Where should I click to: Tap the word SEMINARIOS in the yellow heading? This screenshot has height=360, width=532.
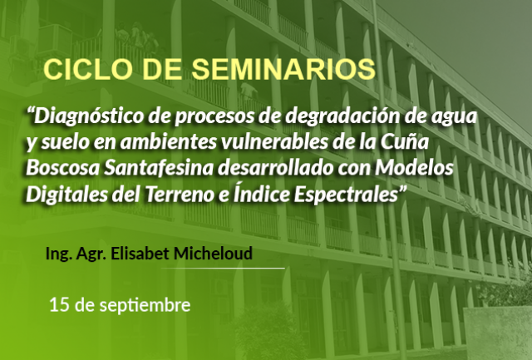coord(283,70)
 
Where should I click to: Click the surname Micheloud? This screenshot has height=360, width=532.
coord(213,254)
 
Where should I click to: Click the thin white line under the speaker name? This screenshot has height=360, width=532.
coord(223,268)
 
